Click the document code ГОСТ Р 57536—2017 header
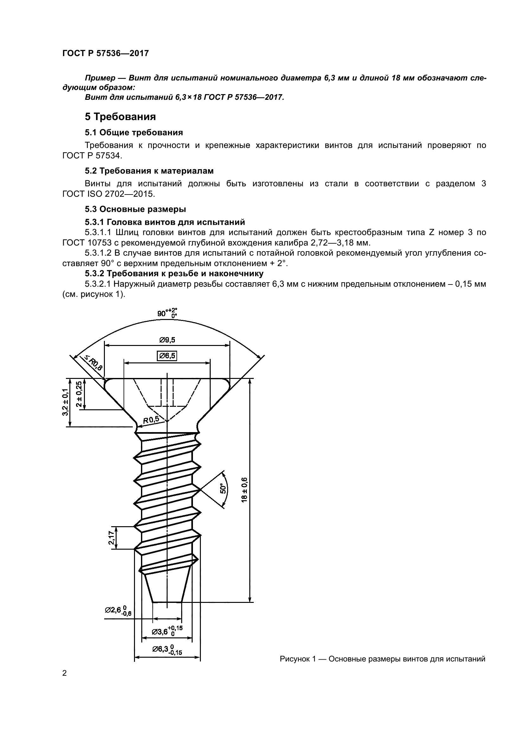pos(105,53)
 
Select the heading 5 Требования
pos(120,117)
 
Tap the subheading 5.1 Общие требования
pos(134,132)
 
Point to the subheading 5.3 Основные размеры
pos(136,209)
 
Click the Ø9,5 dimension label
pos(167,340)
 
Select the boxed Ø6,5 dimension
pos(167,356)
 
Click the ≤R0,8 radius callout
pos(93,363)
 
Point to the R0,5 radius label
pos(151,419)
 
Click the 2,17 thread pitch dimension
pos(111,538)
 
